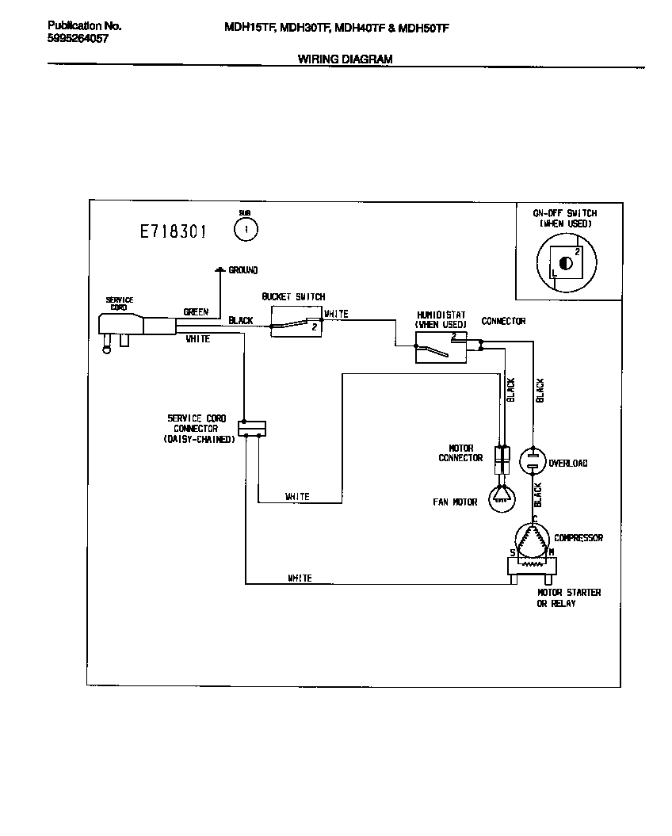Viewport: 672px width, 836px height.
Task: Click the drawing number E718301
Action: click(174, 231)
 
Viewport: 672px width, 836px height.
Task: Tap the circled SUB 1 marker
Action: click(246, 229)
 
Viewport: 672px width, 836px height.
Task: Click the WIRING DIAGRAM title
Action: click(345, 59)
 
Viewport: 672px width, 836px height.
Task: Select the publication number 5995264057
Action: click(78, 37)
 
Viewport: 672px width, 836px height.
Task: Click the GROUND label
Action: click(242, 270)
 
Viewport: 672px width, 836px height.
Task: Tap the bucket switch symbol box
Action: click(296, 324)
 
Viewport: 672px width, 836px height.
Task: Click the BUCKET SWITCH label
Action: click(293, 297)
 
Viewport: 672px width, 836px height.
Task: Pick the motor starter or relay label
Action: click(568, 598)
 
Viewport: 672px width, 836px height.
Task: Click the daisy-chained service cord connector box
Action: click(252, 428)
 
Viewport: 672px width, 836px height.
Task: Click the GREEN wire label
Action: click(196, 312)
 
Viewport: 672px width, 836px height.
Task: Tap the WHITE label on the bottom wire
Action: click(300, 578)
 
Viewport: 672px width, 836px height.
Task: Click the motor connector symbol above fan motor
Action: click(502, 458)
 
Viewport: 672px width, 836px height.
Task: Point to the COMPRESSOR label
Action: click(578, 538)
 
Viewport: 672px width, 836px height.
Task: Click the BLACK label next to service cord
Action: click(241, 321)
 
